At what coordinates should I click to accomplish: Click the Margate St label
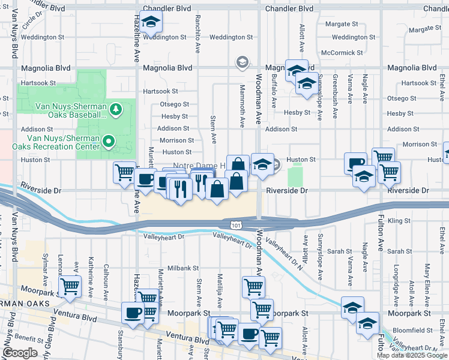[x=341, y=25]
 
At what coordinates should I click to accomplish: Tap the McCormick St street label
[x=342, y=53]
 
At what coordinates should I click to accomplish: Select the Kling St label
[x=399, y=221]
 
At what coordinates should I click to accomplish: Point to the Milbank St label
[x=183, y=268]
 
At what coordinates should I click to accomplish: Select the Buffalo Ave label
[x=274, y=91]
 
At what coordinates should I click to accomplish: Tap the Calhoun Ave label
[x=106, y=274]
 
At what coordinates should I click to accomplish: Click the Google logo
[x=20, y=353]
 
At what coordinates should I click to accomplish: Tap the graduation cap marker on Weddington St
[x=151, y=23]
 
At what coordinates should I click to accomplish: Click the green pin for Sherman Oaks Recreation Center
[x=108, y=142]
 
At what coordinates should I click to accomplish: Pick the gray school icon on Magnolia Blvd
[x=241, y=62]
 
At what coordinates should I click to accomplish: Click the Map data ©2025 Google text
[x=412, y=355]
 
